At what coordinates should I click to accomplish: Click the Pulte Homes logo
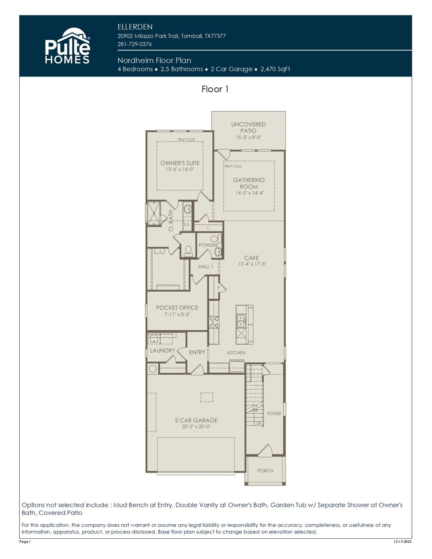[x=67, y=46]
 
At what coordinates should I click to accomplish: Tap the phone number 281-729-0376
[x=134, y=44]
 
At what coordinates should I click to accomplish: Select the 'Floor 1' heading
[x=215, y=89]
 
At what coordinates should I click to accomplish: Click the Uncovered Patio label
[x=248, y=127]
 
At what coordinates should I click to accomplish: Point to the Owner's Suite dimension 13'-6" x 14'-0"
[x=180, y=170]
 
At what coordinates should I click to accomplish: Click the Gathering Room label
[x=249, y=183]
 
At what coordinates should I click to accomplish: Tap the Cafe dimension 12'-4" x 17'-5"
[x=252, y=264]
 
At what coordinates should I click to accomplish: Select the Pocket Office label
[x=177, y=308]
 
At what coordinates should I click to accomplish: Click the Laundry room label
[x=162, y=350]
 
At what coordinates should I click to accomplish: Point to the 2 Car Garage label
[x=196, y=420]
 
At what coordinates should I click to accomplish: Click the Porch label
[x=265, y=471]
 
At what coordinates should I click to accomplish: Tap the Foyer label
[x=274, y=413]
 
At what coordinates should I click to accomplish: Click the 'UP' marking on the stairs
[x=259, y=423]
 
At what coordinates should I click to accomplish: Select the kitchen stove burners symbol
[x=214, y=322]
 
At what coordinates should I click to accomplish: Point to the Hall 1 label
[x=206, y=266]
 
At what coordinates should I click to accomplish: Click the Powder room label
[x=208, y=245]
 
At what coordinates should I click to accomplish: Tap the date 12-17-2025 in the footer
[x=402, y=542]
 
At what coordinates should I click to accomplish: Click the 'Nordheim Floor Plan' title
[x=154, y=60]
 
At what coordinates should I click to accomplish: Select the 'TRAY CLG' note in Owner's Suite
[x=186, y=139]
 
